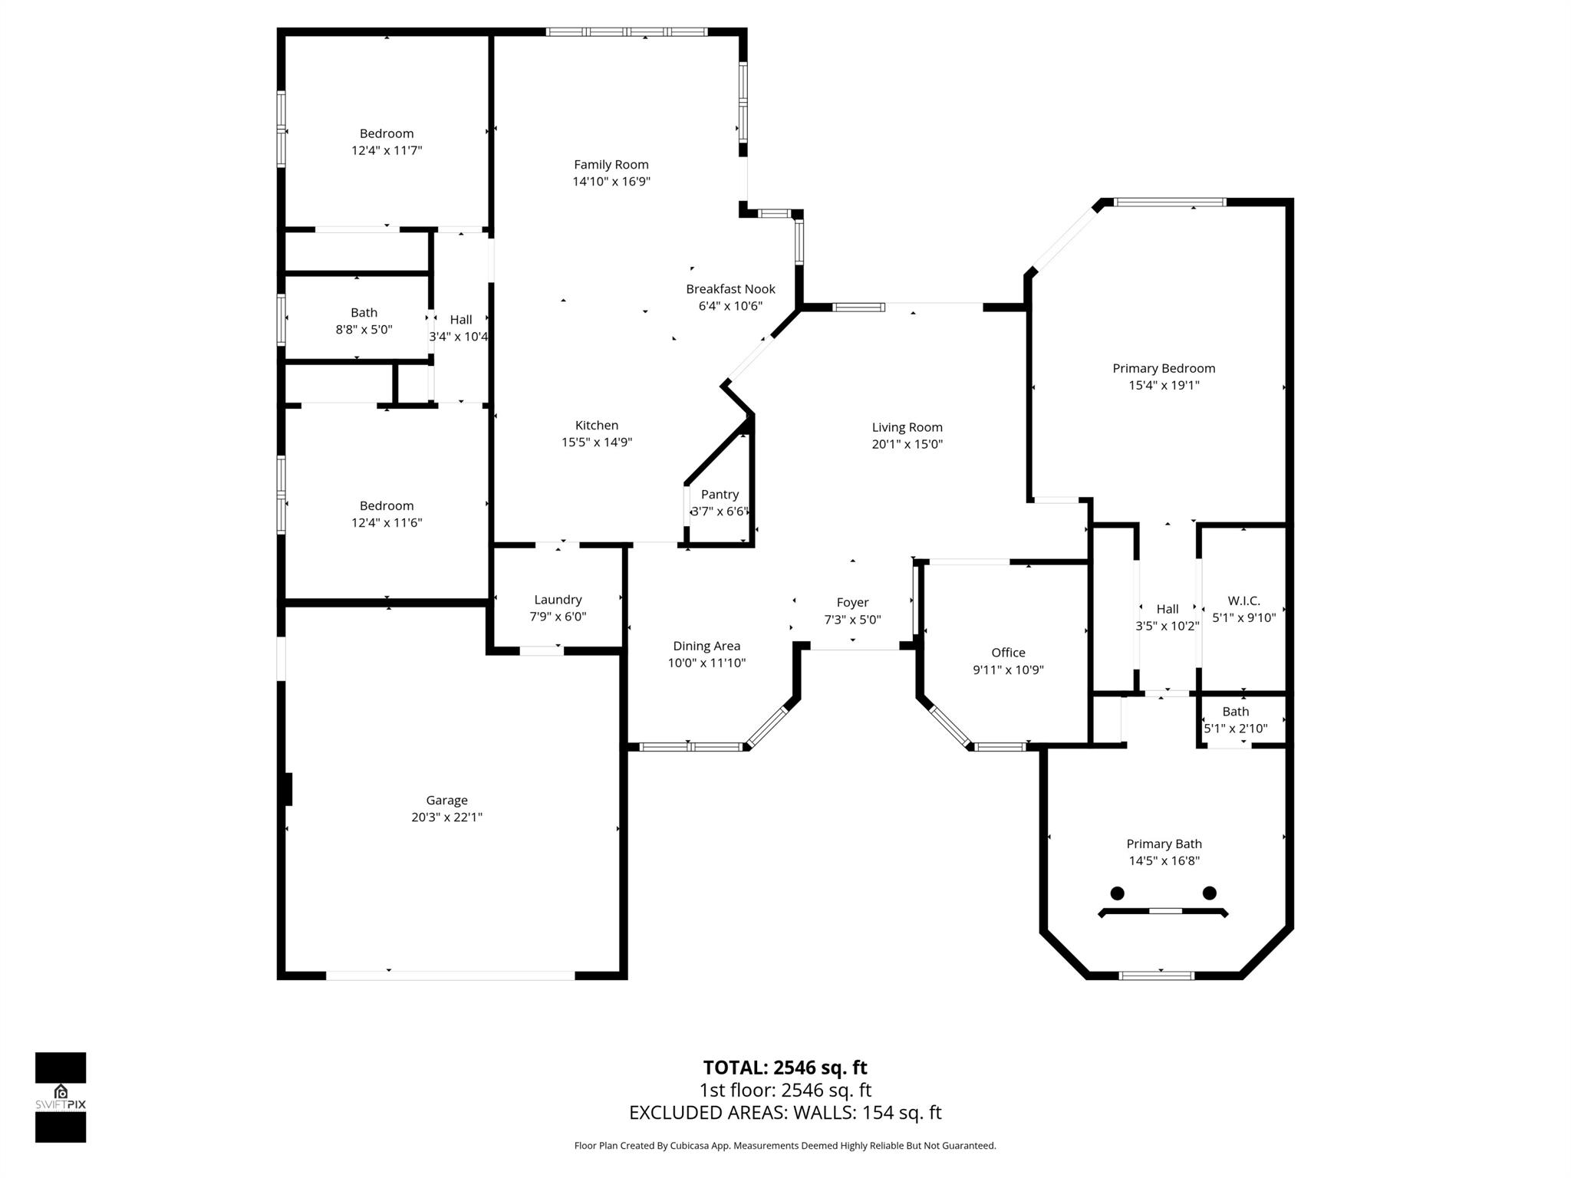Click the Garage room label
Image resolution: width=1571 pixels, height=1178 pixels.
coord(446,800)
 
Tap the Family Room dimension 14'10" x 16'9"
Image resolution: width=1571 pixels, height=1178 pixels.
coord(611,182)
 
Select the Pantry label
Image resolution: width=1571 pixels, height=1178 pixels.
coord(720,495)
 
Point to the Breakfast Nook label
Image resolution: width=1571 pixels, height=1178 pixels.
coord(730,289)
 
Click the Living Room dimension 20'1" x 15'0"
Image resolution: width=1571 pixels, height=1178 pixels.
coord(907,444)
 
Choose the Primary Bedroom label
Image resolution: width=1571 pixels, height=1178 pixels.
coord(1164,368)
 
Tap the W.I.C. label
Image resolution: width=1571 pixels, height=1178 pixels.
coord(1243,601)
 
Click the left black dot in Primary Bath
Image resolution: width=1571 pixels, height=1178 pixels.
coord(1118,893)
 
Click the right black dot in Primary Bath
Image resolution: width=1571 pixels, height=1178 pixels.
coord(1210,892)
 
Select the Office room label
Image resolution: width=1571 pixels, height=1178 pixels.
coord(1008,653)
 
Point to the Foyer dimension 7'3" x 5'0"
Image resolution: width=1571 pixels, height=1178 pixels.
coord(852,620)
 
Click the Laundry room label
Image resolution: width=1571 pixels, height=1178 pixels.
coord(558,600)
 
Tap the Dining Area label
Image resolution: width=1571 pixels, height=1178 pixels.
coord(706,646)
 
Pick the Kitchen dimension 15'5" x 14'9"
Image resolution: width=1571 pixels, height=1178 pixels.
coord(597,443)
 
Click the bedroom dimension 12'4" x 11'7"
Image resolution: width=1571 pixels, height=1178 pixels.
coord(387,150)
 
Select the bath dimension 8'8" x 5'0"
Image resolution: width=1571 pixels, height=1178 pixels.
coord(364,330)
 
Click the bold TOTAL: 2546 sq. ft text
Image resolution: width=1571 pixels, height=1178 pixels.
coord(785,1068)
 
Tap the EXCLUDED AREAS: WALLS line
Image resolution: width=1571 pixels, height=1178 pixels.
coord(785,1113)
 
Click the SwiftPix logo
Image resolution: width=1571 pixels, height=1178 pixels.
coord(61,1097)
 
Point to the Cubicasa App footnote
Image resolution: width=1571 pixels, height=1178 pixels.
coord(785,1146)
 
